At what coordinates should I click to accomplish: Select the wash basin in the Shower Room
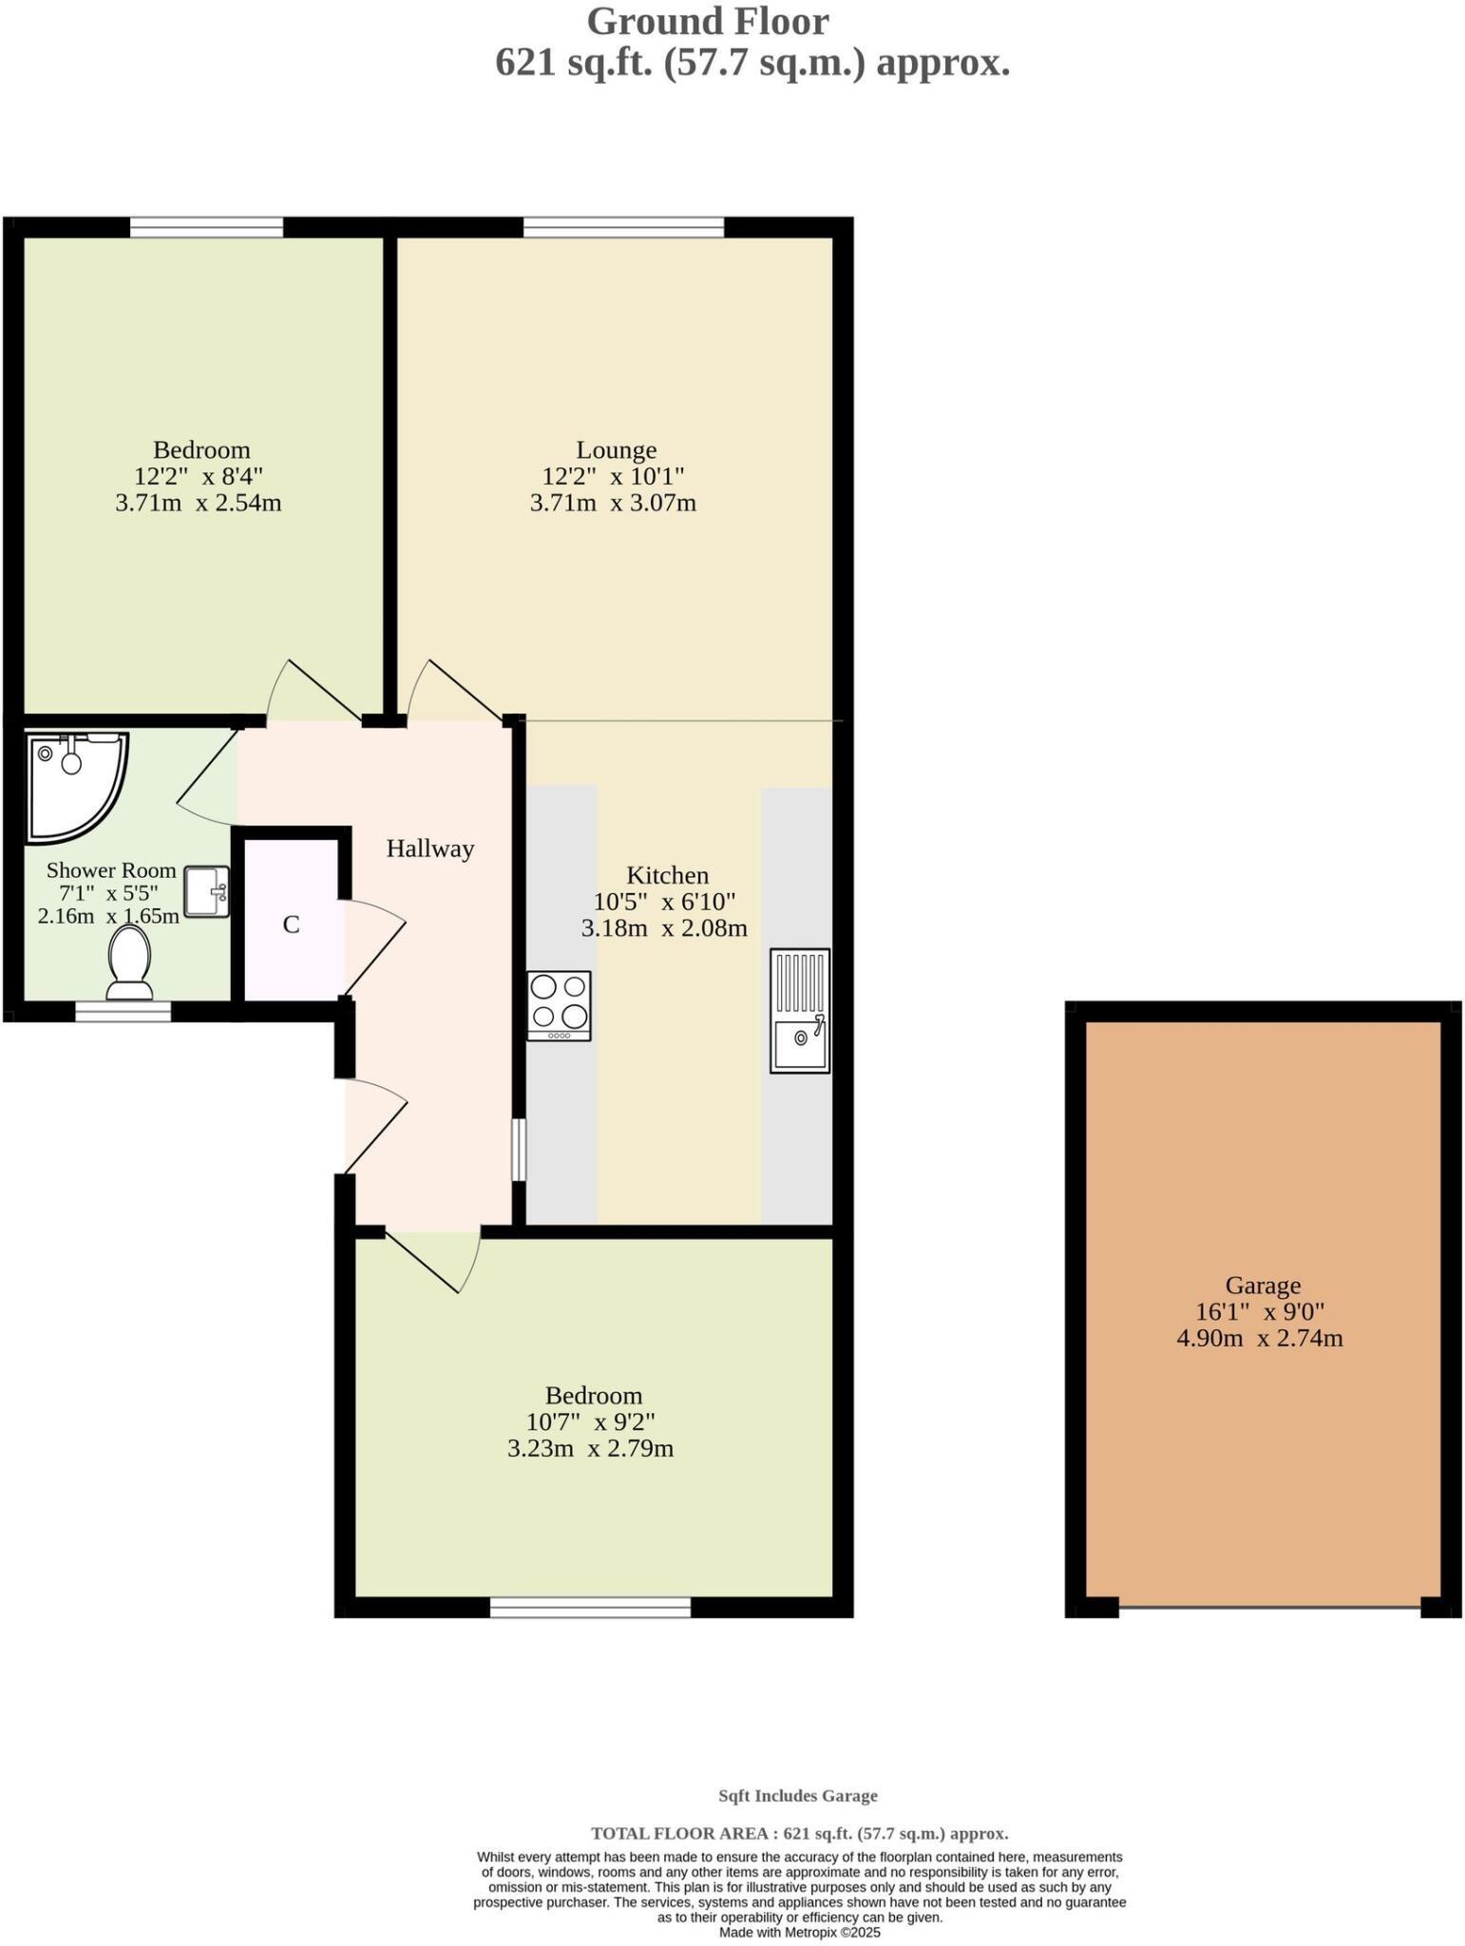click(206, 891)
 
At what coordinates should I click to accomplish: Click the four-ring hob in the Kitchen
click(559, 1005)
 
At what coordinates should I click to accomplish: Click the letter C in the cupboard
click(292, 925)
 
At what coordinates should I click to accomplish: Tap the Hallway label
click(429, 849)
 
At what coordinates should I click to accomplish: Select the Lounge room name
click(616, 449)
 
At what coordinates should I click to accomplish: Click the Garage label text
click(1262, 1286)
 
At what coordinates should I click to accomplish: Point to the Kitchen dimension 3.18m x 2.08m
click(664, 928)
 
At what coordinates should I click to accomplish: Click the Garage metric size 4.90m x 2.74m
click(1260, 1339)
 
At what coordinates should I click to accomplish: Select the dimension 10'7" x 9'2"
click(591, 1422)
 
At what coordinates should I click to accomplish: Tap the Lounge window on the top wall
click(623, 227)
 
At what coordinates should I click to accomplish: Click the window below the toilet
click(124, 1011)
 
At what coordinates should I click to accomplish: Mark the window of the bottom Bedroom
click(590, 1607)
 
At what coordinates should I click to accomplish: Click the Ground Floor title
click(708, 21)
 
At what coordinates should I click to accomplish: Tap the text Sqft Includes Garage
click(798, 1796)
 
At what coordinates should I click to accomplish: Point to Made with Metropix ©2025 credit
click(799, 1932)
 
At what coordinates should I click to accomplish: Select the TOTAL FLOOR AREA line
click(799, 1833)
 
